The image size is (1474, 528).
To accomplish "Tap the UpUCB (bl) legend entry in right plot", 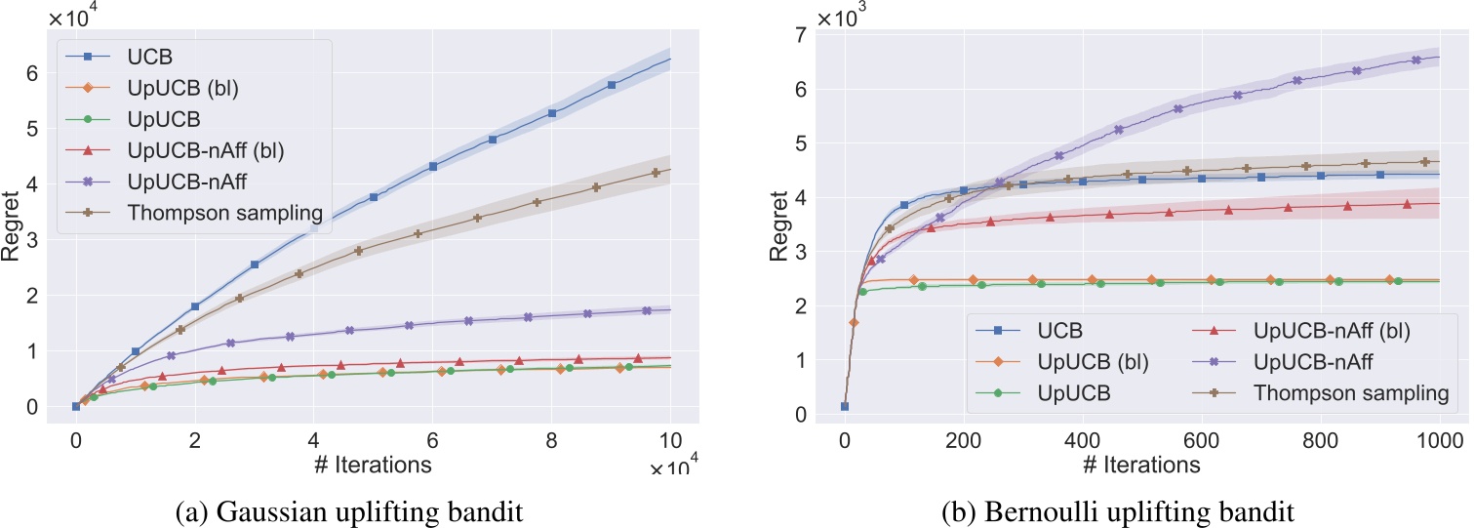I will coord(1093,362).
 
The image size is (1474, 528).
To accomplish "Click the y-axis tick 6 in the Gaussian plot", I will coord(33,73).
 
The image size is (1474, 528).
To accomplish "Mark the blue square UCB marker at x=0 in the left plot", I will coord(75,406).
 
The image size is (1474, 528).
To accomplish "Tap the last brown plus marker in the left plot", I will coord(656,173).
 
